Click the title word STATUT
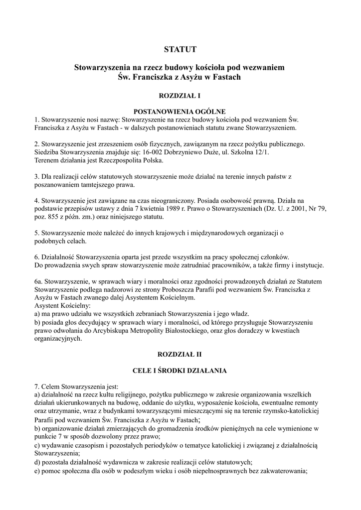tap(180, 49)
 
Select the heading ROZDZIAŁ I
tap(180, 95)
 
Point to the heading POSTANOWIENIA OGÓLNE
tap(180, 112)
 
